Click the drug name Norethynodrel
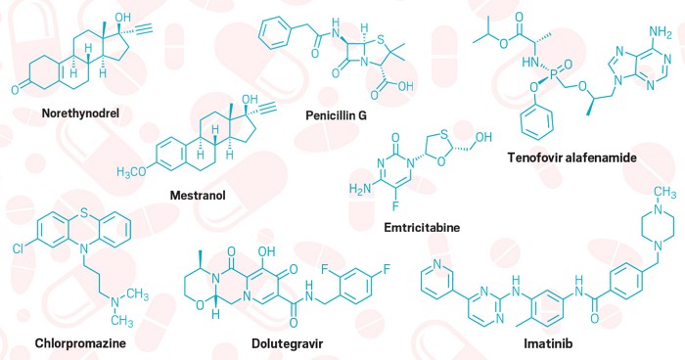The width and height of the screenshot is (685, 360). tap(73, 112)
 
